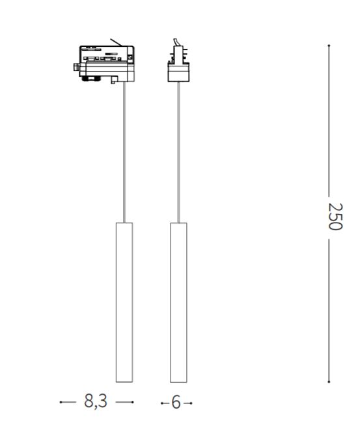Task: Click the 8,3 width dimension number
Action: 96,401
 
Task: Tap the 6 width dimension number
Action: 176,403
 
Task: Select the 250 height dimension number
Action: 335,216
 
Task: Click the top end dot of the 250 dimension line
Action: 329,46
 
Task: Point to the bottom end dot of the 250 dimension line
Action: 329,382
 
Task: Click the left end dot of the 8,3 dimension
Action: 61,402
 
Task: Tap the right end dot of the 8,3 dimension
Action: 133,402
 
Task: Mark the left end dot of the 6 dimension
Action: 162,403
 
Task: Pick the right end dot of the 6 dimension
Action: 191,403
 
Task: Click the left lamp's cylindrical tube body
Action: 124,303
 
